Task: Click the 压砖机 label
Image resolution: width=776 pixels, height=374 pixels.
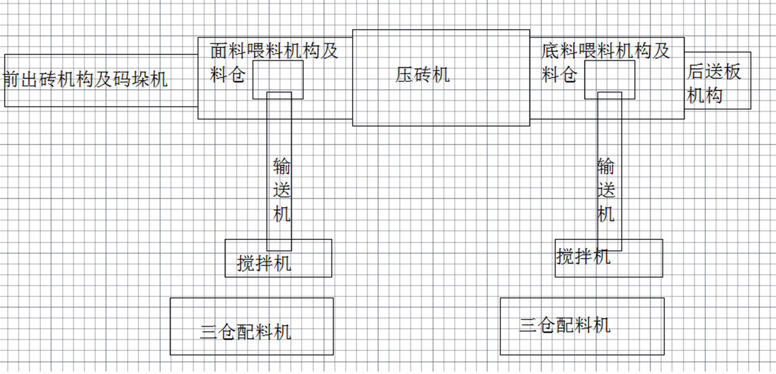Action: [423, 75]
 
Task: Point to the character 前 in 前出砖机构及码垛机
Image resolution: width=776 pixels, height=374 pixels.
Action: [11, 80]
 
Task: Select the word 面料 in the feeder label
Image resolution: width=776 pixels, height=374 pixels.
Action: [228, 51]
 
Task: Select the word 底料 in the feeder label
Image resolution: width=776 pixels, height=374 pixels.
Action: [559, 51]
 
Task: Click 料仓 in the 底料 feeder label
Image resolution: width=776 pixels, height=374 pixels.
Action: [559, 75]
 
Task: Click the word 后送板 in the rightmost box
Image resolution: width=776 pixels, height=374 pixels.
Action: [714, 72]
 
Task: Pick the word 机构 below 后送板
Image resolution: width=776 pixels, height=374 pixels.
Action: [705, 96]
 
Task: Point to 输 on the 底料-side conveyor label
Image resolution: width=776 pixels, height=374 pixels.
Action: [607, 167]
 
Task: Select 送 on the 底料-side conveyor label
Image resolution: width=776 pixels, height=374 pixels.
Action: [607, 190]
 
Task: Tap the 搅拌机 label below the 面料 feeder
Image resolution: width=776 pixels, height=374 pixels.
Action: [264, 263]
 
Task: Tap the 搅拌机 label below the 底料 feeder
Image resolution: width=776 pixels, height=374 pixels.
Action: [583, 256]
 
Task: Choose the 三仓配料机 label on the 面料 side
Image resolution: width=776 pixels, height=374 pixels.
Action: [246, 332]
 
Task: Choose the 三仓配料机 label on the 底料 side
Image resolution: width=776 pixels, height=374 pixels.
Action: [565, 325]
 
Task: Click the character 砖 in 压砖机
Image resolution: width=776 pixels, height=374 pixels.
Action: [423, 75]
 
